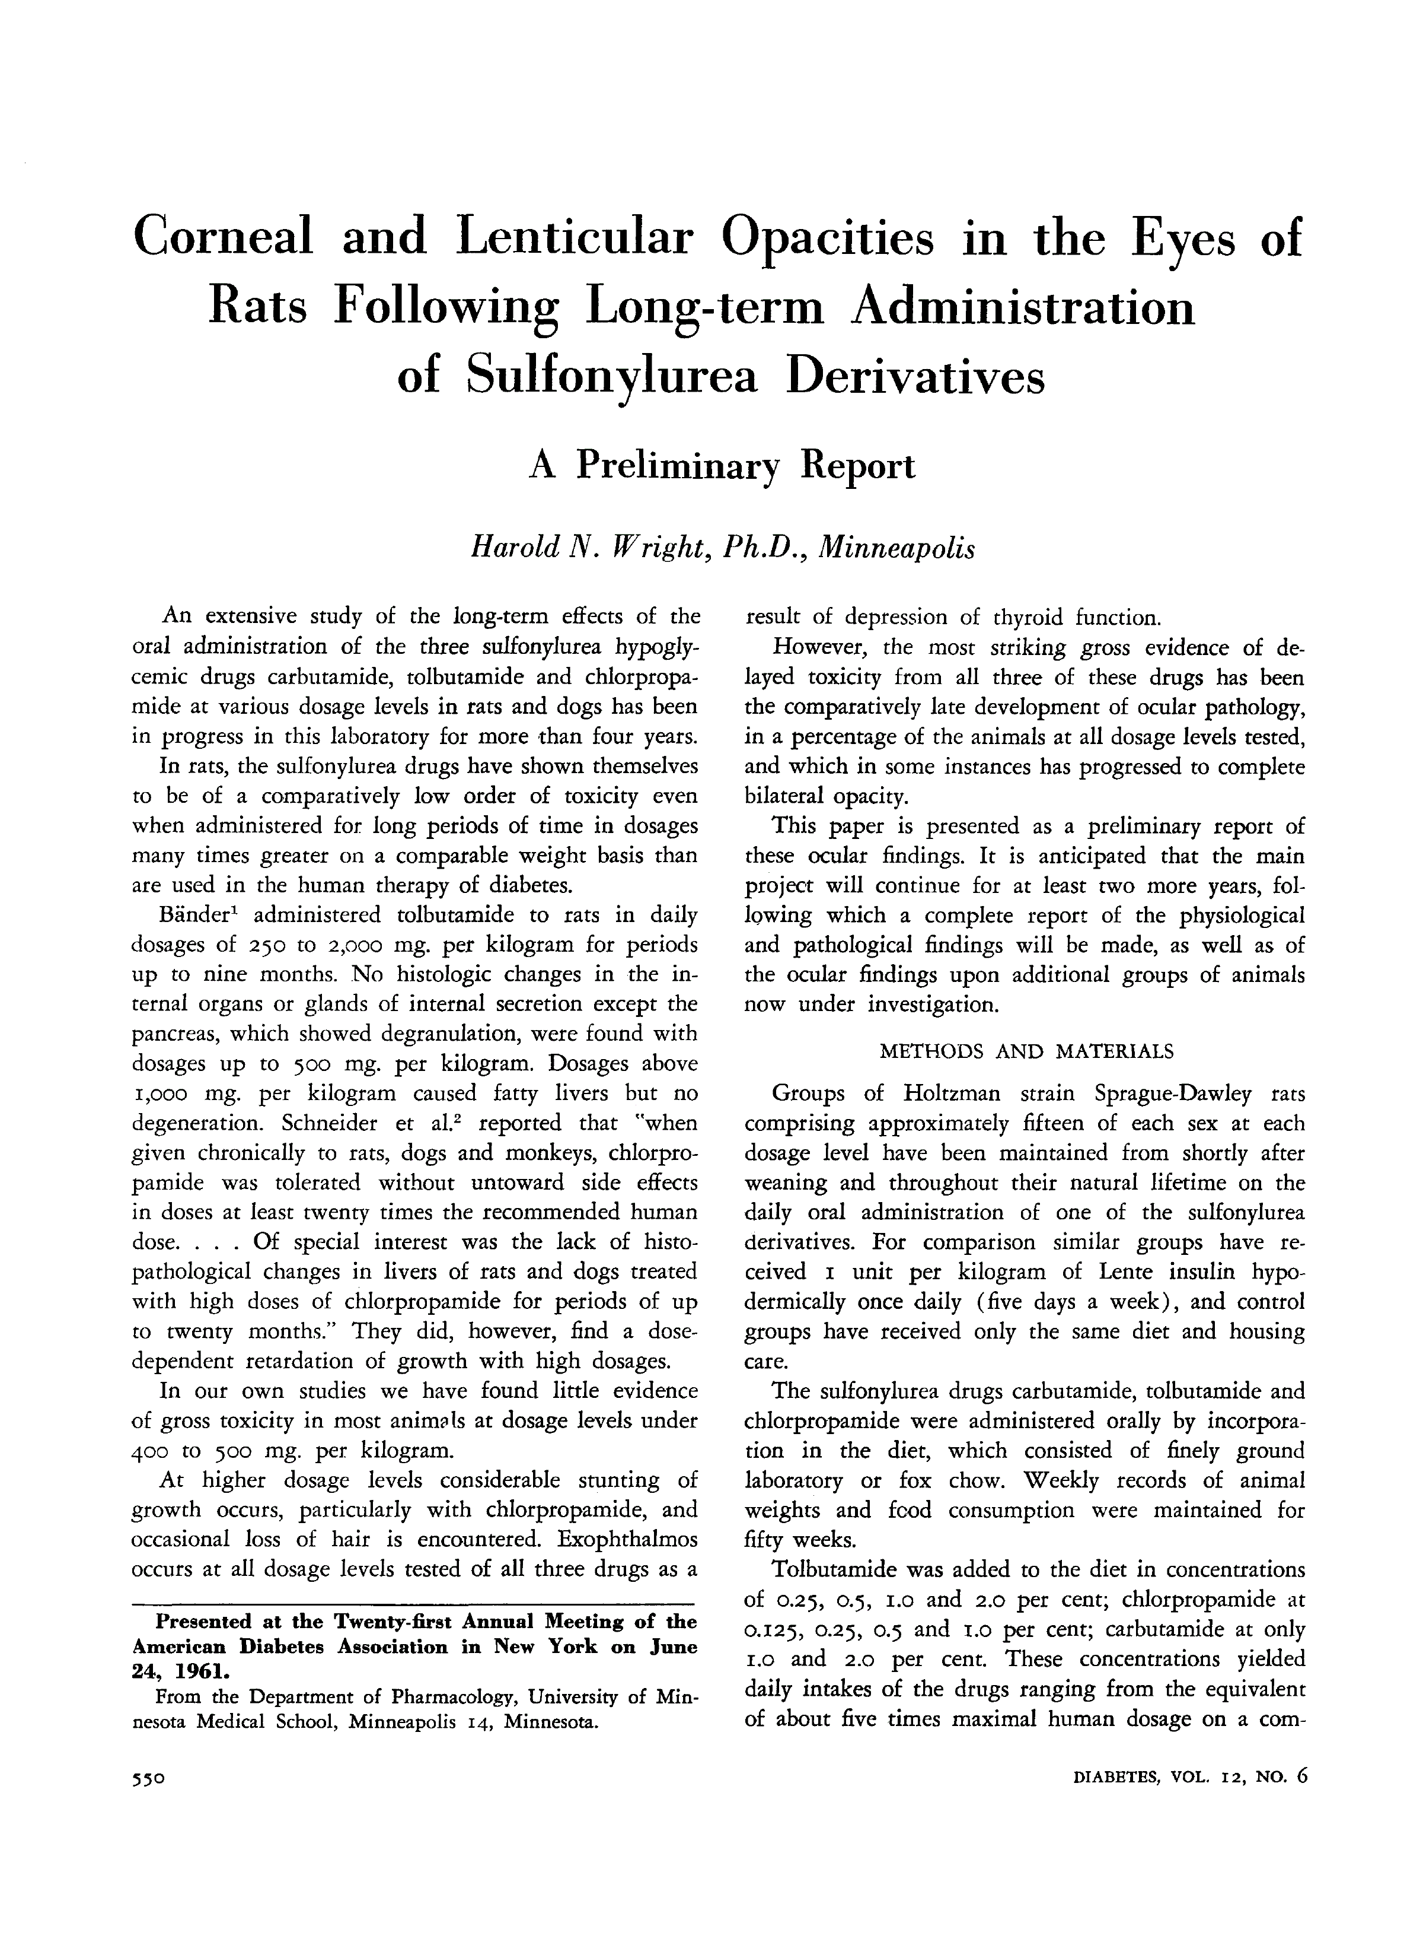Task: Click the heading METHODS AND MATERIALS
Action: (x=1026, y=1051)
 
